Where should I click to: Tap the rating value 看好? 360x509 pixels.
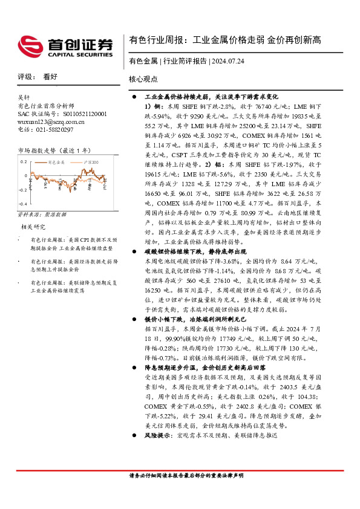(x=50, y=77)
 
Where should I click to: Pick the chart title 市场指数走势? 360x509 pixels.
(x=36, y=150)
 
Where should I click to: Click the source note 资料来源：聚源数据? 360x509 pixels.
(x=42, y=215)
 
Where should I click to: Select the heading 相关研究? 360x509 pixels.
(x=34, y=227)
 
